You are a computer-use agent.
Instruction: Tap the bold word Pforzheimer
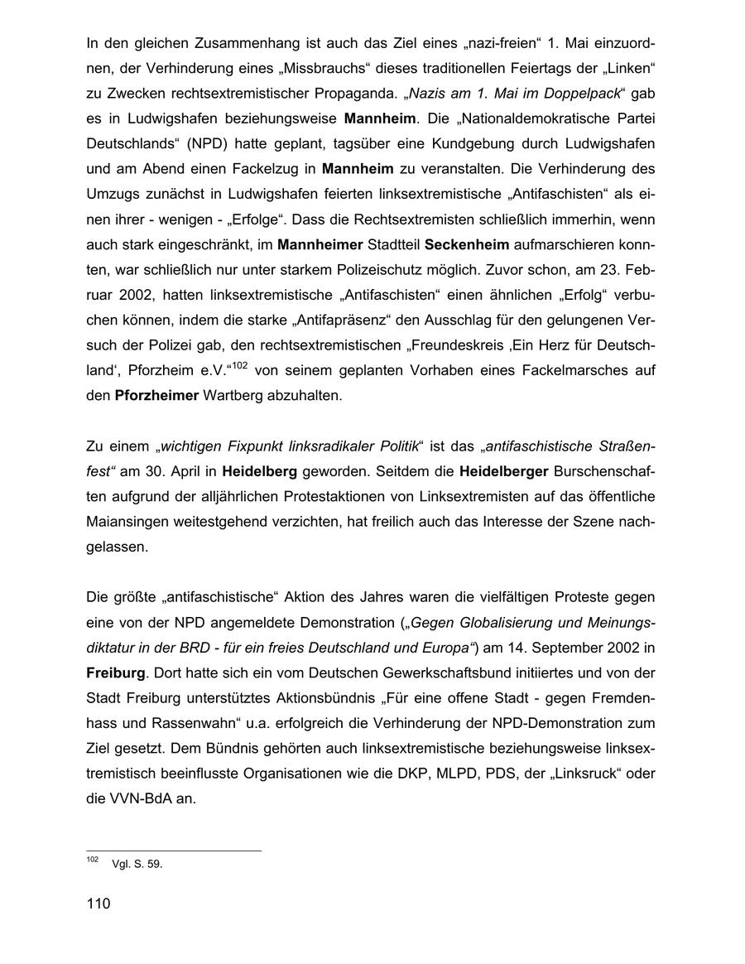point(156,396)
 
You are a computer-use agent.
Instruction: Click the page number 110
point(98,904)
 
